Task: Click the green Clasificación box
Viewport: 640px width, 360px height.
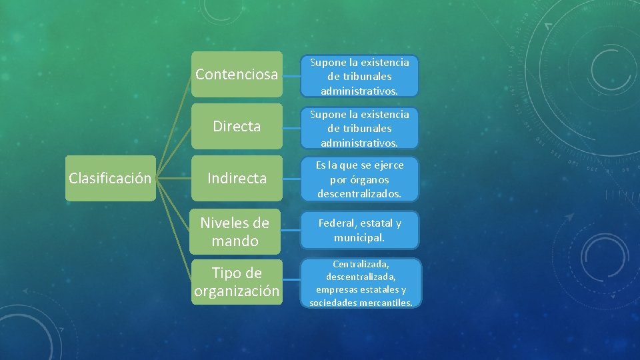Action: pos(111,179)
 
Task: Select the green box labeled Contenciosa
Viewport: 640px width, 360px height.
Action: pos(237,75)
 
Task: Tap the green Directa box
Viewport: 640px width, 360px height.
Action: pos(237,127)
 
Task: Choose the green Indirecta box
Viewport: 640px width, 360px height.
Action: pos(237,179)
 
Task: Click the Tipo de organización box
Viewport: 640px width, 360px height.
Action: pos(237,282)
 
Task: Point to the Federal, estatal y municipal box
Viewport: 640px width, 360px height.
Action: pos(359,231)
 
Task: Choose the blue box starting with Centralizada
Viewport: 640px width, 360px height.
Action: pos(361,283)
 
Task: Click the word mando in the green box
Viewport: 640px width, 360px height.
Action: pos(235,241)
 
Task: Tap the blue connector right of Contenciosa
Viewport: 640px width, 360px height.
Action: pos(291,75)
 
